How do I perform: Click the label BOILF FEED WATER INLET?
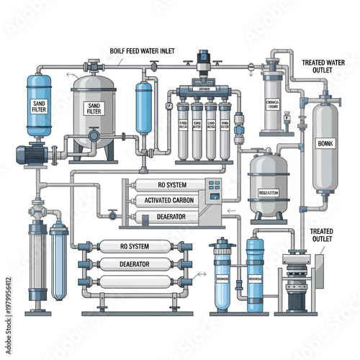(148, 51)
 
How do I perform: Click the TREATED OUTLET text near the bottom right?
(322, 235)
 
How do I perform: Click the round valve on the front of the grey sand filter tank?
(94, 135)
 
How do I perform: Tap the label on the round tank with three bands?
(268, 192)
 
